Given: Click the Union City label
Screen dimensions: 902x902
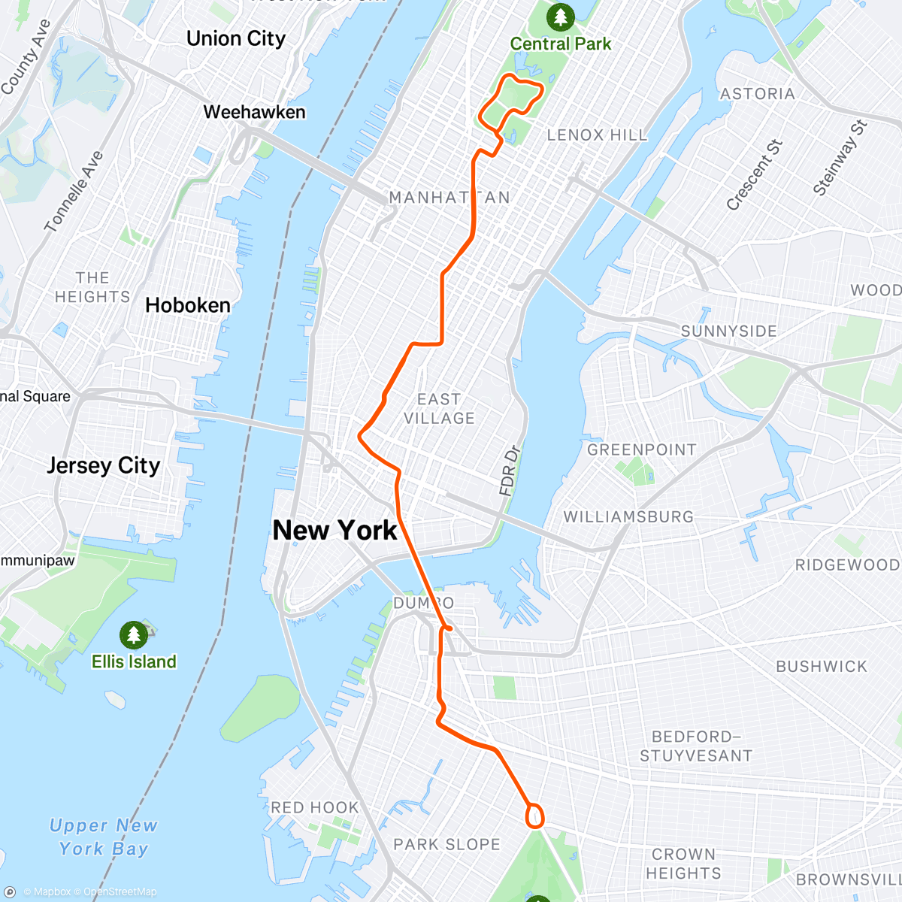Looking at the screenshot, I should (x=236, y=38).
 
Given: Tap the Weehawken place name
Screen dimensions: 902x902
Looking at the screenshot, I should (x=254, y=112).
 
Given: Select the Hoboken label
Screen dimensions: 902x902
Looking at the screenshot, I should (x=188, y=305).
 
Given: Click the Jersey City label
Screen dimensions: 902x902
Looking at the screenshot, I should (x=104, y=465).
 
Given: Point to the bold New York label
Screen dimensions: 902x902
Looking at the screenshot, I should (x=334, y=530).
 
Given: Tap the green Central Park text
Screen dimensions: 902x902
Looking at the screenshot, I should (x=561, y=44).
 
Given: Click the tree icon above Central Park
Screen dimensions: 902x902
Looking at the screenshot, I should (x=560, y=16).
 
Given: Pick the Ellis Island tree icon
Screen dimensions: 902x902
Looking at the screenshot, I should (x=134, y=634).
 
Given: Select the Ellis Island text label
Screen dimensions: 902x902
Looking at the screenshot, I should (x=134, y=661).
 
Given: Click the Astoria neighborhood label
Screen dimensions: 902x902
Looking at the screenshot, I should (x=757, y=93).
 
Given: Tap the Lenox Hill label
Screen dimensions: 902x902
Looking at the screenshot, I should (x=597, y=135).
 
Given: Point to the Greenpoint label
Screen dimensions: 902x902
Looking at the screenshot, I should (x=642, y=449).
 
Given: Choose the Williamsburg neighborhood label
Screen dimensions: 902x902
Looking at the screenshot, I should (x=628, y=516).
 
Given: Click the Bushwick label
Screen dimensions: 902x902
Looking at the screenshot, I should (x=822, y=666).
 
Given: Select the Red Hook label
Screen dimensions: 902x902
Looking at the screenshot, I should (x=314, y=807).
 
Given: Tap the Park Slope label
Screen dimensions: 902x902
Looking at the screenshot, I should (x=446, y=844).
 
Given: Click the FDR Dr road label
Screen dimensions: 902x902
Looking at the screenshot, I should (x=510, y=471).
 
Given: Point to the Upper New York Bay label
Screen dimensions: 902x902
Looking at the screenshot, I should (x=104, y=837).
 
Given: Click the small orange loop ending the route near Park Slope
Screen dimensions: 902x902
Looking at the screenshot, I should (x=534, y=816).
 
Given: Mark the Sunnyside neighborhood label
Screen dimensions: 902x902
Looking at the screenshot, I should (x=728, y=331).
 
